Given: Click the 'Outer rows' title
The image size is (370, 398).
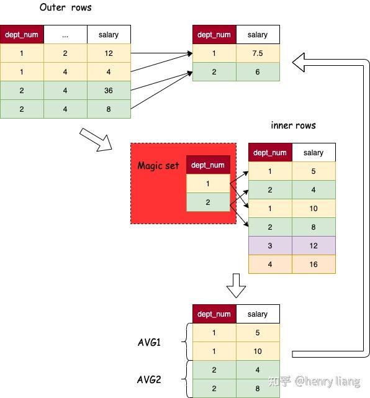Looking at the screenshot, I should pos(65,7).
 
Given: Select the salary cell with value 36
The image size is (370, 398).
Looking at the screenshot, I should pos(109,90).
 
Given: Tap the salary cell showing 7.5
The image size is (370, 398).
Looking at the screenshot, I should pos(258,53).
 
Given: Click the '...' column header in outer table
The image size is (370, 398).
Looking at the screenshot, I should pos(65,35).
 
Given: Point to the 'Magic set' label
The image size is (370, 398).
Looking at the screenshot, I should pos(158,165).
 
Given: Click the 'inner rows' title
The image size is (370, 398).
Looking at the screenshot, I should pos(293,125).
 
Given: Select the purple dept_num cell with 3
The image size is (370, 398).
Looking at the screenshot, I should pos(270,246).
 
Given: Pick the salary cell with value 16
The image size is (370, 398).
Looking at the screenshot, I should pos(314,265).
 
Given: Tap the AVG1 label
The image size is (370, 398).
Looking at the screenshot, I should pos(149,342).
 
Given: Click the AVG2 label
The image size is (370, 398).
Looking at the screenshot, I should pos(149,379).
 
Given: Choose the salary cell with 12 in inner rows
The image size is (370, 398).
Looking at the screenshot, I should pos(314,246).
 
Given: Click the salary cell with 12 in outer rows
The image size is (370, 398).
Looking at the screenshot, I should pos(109,53).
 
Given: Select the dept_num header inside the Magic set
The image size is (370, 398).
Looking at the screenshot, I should pos(208,165).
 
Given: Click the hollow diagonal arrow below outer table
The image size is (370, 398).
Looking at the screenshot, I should pos(96,139).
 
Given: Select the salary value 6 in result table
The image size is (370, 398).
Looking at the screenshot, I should pos(258,72).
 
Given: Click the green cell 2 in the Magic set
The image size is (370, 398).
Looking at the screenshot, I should pos(208,202).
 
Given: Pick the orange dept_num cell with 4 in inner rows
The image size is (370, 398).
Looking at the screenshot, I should pos(270,265).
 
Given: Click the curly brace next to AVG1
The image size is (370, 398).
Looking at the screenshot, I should pos(184,342).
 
